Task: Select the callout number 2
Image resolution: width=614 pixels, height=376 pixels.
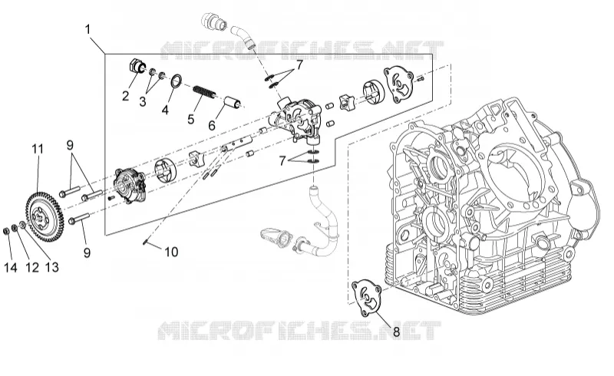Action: pyautogui.click(x=125, y=96)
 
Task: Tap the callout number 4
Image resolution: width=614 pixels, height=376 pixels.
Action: pyautogui.click(x=165, y=110)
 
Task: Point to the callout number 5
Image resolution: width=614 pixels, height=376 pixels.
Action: pyautogui.click(x=190, y=119)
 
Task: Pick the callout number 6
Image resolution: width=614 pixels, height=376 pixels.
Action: pyautogui.click(x=212, y=125)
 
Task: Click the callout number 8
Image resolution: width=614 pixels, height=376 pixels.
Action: pyautogui.click(x=396, y=332)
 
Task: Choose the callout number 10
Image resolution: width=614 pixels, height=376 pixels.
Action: pyautogui.click(x=171, y=252)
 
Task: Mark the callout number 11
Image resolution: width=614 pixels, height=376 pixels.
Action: pyautogui.click(x=38, y=149)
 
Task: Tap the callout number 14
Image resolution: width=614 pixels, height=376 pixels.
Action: pyautogui.click(x=11, y=268)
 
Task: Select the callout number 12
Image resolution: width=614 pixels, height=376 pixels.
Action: pyautogui.click(x=32, y=268)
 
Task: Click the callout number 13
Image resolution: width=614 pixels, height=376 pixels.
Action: pyautogui.click(x=51, y=268)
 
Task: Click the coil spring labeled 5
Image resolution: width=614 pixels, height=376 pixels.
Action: pyautogui.click(x=203, y=92)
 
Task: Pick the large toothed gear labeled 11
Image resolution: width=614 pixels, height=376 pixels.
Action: pyautogui.click(x=43, y=216)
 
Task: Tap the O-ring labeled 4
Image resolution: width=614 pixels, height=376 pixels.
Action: pyautogui.click(x=176, y=81)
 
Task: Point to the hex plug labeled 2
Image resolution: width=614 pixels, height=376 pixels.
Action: pyautogui.click(x=137, y=66)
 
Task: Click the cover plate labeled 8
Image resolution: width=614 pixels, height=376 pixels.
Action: pyautogui.click(x=367, y=297)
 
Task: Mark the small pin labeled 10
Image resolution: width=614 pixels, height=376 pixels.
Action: pyautogui.click(x=145, y=242)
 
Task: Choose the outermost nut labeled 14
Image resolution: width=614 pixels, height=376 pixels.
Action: pyautogui.click(x=6, y=231)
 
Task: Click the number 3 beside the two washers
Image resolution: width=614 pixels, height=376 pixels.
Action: pyautogui.click(x=143, y=102)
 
